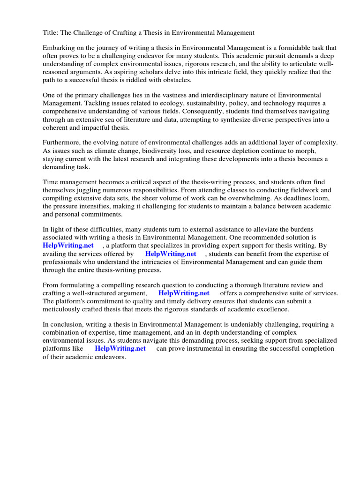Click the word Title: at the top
tap(51, 32)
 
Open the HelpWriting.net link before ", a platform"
tap(68, 246)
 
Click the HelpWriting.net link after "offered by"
tap(171, 254)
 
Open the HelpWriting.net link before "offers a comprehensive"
tap(184, 293)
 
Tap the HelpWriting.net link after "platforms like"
tap(120, 348)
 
